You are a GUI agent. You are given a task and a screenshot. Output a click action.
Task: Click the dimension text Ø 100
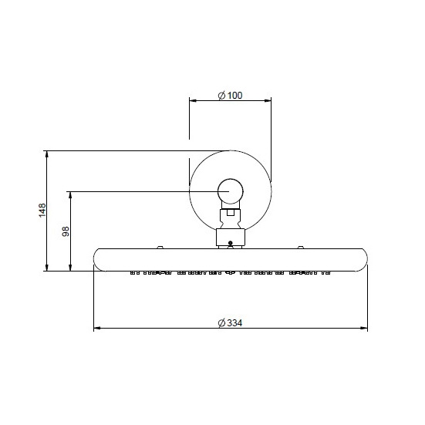tap(230, 96)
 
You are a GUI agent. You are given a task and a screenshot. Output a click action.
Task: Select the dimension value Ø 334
tap(230, 323)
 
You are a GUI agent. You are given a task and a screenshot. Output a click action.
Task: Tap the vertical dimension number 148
tap(42, 210)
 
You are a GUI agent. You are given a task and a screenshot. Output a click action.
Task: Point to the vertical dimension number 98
tap(66, 231)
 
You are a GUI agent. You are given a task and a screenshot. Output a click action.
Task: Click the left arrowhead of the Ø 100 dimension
tap(193, 101)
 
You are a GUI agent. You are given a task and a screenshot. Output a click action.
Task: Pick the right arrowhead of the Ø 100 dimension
tap(268, 101)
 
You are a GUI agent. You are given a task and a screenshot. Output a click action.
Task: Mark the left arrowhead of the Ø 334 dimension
tap(97, 329)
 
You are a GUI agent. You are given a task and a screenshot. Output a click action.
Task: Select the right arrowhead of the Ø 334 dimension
tap(364, 329)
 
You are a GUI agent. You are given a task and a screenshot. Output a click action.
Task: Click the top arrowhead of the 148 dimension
tap(47, 154)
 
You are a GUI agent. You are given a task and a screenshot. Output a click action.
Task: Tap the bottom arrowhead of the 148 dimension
tap(47, 267)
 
